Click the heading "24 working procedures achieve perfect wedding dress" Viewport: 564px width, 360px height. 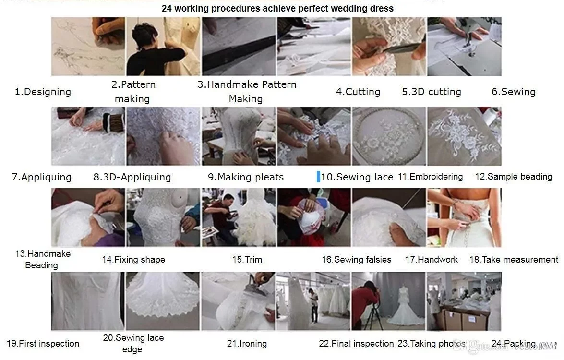[x=277, y=8]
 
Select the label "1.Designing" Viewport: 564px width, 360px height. [x=43, y=92]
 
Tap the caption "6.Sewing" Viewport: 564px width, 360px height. [x=513, y=92]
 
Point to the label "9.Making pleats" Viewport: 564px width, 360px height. [x=246, y=177]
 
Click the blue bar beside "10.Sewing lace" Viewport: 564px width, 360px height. [x=318, y=176]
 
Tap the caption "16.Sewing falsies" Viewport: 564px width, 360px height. [x=356, y=260]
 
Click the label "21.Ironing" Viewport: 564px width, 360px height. [x=247, y=344]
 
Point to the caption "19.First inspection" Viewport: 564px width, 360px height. [x=43, y=344]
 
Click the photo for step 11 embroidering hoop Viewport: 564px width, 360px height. [x=389, y=136]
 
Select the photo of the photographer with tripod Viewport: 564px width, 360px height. [x=389, y=301]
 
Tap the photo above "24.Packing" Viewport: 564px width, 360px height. [x=464, y=301]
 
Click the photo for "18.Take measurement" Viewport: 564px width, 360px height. [x=464, y=217]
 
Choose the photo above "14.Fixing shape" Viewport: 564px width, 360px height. [x=163, y=217]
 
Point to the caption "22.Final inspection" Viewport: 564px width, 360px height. [x=356, y=344]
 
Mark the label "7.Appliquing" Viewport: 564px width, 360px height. [x=42, y=177]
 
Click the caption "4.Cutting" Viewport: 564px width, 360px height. [x=358, y=92]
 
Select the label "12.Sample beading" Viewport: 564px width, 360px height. [x=514, y=177]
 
